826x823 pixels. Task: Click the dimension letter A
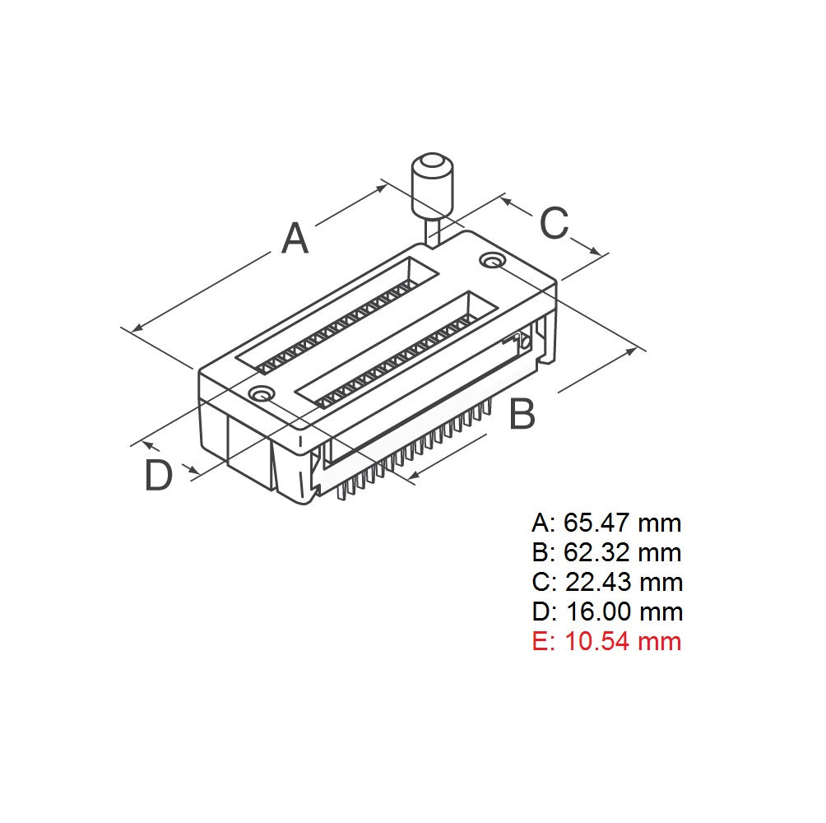pyautogui.click(x=295, y=239)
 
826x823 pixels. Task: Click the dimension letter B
pyautogui.click(x=522, y=414)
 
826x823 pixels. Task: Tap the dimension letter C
pyautogui.click(x=554, y=223)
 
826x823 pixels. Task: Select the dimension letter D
pyautogui.click(x=158, y=477)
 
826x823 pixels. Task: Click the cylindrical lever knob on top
pyautogui.click(x=433, y=183)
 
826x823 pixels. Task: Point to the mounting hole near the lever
pyautogui.click(x=493, y=261)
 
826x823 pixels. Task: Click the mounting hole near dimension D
pyautogui.click(x=262, y=394)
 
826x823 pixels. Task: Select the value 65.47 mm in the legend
pyautogui.click(x=622, y=523)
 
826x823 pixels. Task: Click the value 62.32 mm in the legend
pyautogui.click(x=623, y=552)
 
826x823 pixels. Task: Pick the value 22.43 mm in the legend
pyautogui.click(x=624, y=582)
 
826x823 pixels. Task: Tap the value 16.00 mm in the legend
pyautogui.click(x=624, y=611)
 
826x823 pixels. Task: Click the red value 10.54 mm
pyautogui.click(x=623, y=641)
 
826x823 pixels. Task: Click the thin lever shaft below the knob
pyautogui.click(x=432, y=230)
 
